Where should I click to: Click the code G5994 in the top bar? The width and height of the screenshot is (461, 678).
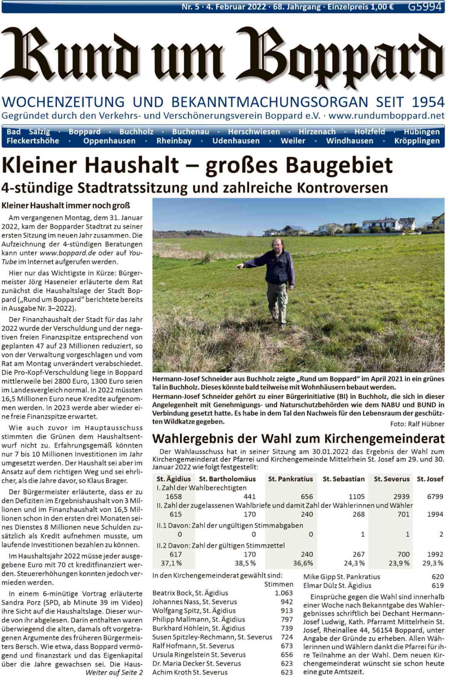pyautogui.click(x=425, y=7)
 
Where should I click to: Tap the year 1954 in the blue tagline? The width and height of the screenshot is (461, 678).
pyautogui.click(x=428, y=102)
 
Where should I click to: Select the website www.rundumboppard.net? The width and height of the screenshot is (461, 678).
pyautogui.click(x=386, y=115)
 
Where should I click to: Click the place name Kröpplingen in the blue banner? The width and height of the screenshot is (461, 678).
pyautogui.click(x=417, y=141)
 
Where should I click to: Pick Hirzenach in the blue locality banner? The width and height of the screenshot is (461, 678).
pyautogui.click(x=317, y=132)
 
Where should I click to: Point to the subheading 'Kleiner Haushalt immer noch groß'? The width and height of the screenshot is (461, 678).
pyautogui.click(x=66, y=206)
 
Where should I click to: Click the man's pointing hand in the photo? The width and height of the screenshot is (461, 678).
pyautogui.click(x=239, y=265)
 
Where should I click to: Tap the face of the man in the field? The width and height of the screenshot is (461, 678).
pyautogui.click(x=277, y=245)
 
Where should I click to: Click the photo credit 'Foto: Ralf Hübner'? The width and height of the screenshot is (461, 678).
pyautogui.click(x=417, y=424)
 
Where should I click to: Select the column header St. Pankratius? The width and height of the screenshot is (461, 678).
pyautogui.click(x=290, y=479)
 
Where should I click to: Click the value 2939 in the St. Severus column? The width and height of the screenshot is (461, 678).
pyautogui.click(x=401, y=497)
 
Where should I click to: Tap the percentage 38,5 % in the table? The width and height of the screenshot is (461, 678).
pyautogui.click(x=245, y=563)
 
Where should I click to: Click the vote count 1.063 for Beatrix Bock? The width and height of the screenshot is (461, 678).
pyautogui.click(x=284, y=593)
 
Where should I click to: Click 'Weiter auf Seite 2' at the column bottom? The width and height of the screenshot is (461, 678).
pyautogui.click(x=114, y=672)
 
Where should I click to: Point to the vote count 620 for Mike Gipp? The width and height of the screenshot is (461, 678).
pyautogui.click(x=438, y=577)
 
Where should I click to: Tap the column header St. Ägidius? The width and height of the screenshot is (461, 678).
pyautogui.click(x=173, y=479)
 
